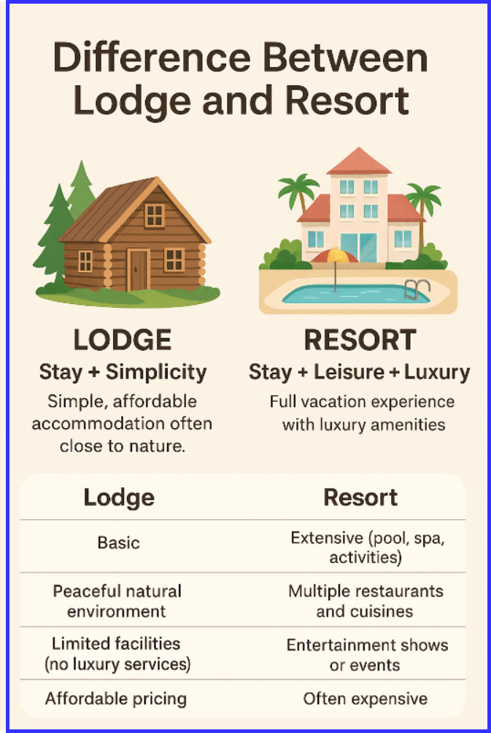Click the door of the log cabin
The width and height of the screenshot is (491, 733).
pyautogui.click(x=138, y=269)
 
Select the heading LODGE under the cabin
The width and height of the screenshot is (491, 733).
pyautogui.click(x=123, y=340)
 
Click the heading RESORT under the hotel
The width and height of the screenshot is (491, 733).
pyautogui.click(x=360, y=340)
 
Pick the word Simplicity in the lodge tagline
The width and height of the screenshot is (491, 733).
pyautogui.click(x=156, y=372)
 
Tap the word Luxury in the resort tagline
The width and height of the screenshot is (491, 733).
pyautogui.click(x=437, y=372)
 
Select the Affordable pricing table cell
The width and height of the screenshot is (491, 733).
pyautogui.click(x=116, y=699)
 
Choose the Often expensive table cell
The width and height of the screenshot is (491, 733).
pyautogui.click(x=366, y=699)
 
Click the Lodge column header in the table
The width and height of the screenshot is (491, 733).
pyautogui.click(x=119, y=497)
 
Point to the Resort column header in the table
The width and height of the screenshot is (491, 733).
pyautogui.click(x=360, y=497)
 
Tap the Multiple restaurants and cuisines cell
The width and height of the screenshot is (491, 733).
pyautogui.click(x=366, y=600)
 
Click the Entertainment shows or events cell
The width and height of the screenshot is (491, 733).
pyautogui.click(x=367, y=654)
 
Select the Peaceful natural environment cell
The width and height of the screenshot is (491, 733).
pyautogui.click(x=117, y=600)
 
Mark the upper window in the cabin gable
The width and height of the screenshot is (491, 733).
pyautogui.click(x=154, y=214)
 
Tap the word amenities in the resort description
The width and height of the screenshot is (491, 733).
pyautogui.click(x=408, y=424)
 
